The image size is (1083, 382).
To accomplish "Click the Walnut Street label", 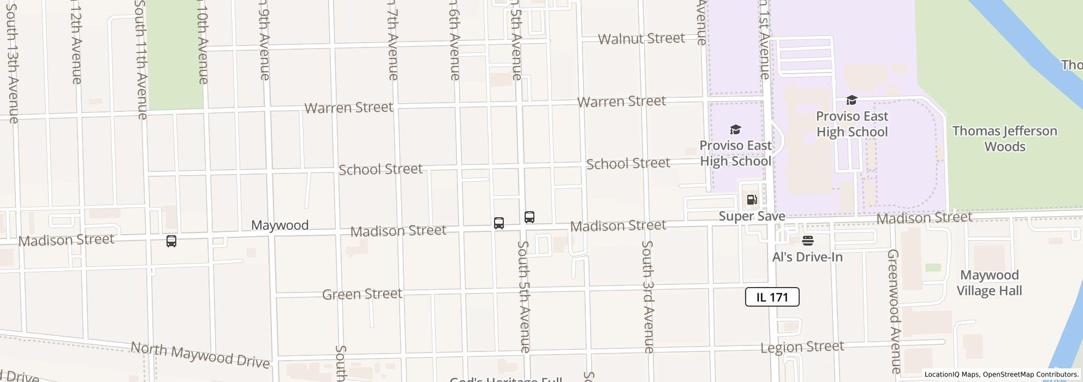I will [x=641, y=39].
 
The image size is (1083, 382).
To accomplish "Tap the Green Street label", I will [x=362, y=294].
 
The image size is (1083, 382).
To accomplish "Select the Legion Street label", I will [x=802, y=347].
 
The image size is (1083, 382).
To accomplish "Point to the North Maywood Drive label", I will [x=200, y=355].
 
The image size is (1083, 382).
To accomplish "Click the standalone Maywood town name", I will [x=279, y=225].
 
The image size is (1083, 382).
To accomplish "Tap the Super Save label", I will [x=752, y=216].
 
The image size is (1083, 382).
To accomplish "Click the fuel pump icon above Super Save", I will [x=752, y=200].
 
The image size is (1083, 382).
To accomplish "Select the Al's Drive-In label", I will [x=807, y=257].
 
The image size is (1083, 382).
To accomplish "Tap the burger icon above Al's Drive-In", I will [x=808, y=241].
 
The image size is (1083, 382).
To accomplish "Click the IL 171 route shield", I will [x=772, y=297].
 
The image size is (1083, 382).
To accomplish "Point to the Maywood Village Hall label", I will [x=989, y=283].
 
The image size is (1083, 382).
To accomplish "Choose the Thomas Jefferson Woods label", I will [x=1004, y=139].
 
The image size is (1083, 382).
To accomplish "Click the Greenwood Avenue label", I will [x=894, y=311].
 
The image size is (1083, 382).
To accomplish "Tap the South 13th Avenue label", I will [x=12, y=63].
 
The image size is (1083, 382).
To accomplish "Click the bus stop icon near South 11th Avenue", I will [x=171, y=241].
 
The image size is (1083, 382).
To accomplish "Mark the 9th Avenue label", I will [x=264, y=46].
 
